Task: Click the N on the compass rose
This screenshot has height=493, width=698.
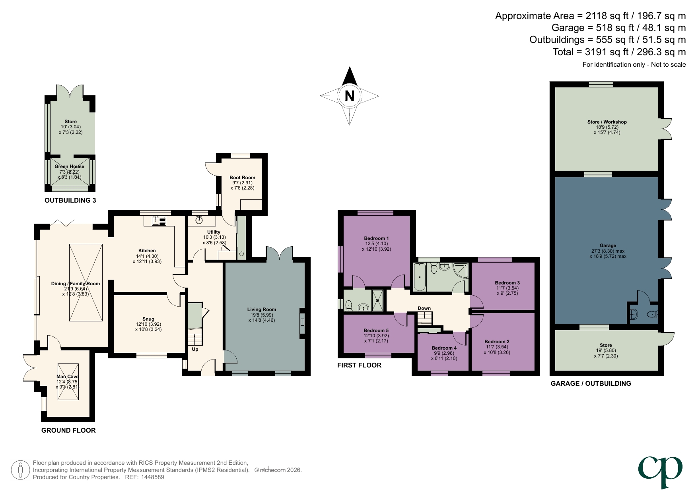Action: point(349,96)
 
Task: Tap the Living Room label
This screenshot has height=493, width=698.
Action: point(261,309)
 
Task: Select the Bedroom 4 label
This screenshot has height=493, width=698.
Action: point(444,348)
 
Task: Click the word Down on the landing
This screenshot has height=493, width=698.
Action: point(424,308)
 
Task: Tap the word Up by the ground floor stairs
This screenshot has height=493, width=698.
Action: point(195,349)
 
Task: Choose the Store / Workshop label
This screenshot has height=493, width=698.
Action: point(607,122)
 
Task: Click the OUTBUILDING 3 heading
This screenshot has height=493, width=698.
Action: point(70,200)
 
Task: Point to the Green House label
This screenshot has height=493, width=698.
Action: point(69,166)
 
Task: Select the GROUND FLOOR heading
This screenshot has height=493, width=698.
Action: point(68,430)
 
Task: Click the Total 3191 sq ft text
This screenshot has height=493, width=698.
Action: point(619,52)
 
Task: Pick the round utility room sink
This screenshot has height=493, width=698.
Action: point(199,220)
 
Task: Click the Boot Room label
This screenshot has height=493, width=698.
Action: point(242,178)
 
